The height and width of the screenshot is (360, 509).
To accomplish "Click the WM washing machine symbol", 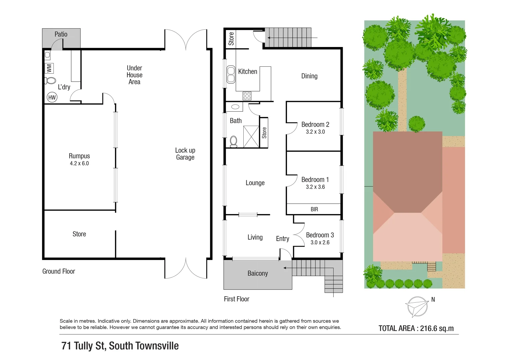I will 49,68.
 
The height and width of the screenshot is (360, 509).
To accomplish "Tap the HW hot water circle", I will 52,97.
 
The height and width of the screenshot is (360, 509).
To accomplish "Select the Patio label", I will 61,34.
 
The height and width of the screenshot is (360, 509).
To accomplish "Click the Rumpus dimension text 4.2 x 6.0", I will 79,163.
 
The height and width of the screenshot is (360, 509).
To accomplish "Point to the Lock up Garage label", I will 185,154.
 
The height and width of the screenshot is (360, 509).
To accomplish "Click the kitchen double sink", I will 231,74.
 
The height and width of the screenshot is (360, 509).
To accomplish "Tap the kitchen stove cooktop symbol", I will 247,96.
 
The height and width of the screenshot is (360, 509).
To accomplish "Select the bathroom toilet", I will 233,142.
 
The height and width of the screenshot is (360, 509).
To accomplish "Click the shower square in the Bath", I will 251,136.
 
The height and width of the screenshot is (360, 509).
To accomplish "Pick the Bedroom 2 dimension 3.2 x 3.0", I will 315,132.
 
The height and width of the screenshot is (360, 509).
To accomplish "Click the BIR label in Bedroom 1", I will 314,209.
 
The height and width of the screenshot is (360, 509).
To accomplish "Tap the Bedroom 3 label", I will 320,235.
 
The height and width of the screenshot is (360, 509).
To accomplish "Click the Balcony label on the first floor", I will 258,273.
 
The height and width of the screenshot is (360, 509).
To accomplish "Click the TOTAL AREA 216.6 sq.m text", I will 416,328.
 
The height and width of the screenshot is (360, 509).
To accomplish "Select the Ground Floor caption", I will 59,271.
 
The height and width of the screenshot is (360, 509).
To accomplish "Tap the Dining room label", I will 309,76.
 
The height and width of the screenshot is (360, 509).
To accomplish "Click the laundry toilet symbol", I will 50,80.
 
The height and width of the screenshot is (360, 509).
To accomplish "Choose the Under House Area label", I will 134,75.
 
